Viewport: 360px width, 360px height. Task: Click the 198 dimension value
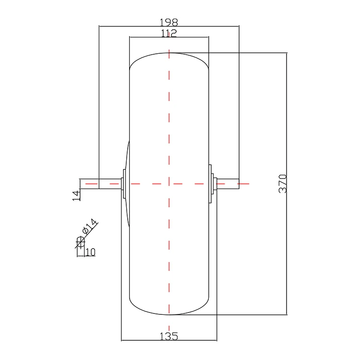click(169, 22)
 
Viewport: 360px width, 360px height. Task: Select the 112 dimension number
click(169, 33)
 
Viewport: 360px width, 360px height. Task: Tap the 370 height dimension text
click(283, 184)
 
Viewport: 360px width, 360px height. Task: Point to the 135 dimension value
click(169, 336)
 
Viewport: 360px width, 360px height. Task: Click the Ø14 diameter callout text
click(90, 226)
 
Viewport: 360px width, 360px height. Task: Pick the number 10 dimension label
click(90, 252)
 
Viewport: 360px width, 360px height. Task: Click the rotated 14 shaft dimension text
click(77, 195)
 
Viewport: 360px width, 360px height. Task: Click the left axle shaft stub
click(110, 184)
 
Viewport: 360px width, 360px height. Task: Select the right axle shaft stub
click(228, 184)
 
